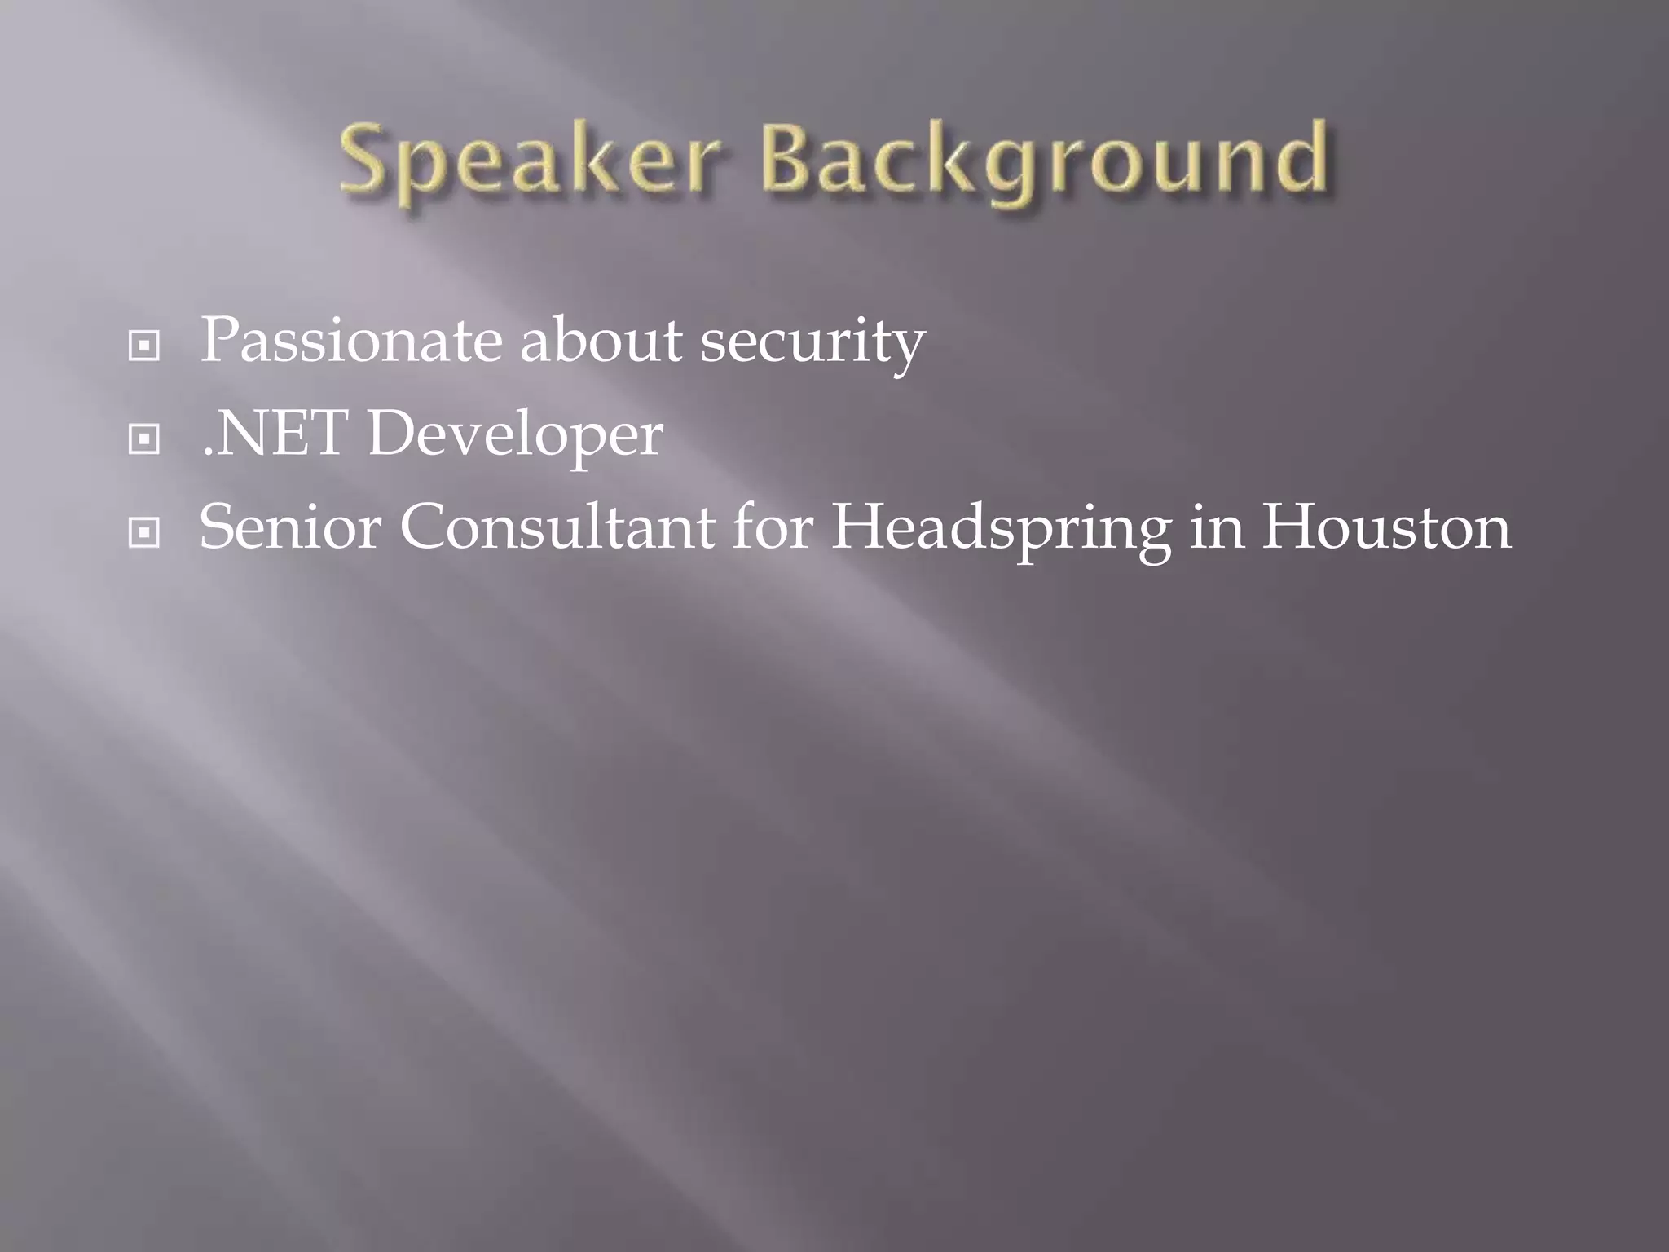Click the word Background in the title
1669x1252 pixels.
click(x=1046, y=160)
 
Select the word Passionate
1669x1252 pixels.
click(x=350, y=341)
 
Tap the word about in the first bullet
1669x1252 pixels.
click(x=601, y=341)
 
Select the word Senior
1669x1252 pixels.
click(x=290, y=527)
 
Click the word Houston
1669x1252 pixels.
click(x=1386, y=527)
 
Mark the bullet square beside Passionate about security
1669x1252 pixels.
click(x=144, y=346)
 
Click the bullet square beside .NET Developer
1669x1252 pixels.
click(x=144, y=440)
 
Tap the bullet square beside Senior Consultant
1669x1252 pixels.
click(x=144, y=534)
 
